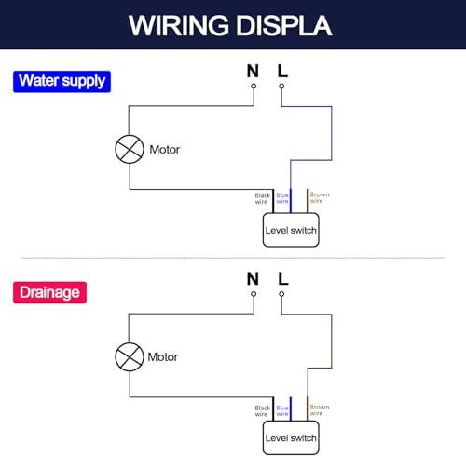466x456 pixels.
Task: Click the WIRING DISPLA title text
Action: pyautogui.click(x=230, y=26)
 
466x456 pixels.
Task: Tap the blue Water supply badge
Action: pyautogui.click(x=62, y=82)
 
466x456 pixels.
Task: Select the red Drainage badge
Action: pyautogui.click(x=49, y=292)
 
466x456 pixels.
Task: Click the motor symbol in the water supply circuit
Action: pyautogui.click(x=130, y=149)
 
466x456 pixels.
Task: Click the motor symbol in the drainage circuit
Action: pyautogui.click(x=130, y=356)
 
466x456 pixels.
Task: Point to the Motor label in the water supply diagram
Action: pyautogui.click(x=165, y=150)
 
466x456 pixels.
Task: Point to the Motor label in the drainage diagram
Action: pyautogui.click(x=163, y=357)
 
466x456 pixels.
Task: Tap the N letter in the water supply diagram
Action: pyautogui.click(x=253, y=71)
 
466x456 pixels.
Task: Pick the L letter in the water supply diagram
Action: pyautogui.click(x=282, y=71)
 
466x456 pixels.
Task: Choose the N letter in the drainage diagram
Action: pyautogui.click(x=253, y=279)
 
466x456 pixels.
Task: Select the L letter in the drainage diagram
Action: pyautogui.click(x=282, y=279)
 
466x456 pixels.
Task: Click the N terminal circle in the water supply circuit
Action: pyautogui.click(x=254, y=87)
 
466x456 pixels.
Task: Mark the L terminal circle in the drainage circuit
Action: pyautogui.click(x=281, y=294)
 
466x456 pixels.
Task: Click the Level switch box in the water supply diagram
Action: pyautogui.click(x=291, y=230)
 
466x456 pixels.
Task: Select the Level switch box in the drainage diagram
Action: pyautogui.click(x=291, y=437)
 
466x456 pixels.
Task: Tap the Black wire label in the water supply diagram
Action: pyautogui.click(x=262, y=198)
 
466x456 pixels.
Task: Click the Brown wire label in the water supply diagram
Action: pyautogui.click(x=320, y=198)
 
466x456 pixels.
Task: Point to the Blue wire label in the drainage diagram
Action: pyautogui.click(x=282, y=410)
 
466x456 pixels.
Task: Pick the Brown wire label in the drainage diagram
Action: pyautogui.click(x=320, y=410)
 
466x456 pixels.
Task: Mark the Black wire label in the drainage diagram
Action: pyautogui.click(x=262, y=411)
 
